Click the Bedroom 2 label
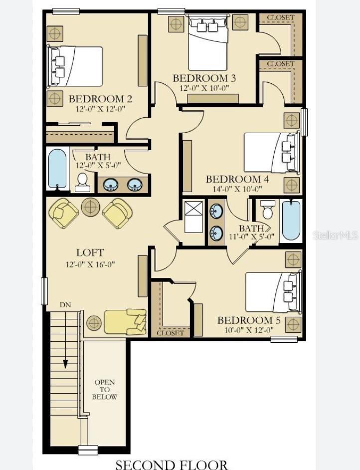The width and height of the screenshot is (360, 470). click(100, 99)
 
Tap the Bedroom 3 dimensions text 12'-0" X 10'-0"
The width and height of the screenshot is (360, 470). click(204, 88)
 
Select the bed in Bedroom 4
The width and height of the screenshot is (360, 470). click(272, 153)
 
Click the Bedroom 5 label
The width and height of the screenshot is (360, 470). click(249, 320)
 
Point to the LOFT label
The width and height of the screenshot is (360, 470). click(90, 252)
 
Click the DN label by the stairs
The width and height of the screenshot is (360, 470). click(65, 305)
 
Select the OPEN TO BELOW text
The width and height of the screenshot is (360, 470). click(105, 389)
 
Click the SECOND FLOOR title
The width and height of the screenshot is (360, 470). click(172, 465)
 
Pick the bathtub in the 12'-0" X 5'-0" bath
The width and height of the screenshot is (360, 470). click(57, 169)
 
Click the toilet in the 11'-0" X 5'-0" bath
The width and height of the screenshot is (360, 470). click(267, 209)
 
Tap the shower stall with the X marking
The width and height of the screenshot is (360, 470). click(193, 217)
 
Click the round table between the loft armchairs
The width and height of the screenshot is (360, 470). click(90, 207)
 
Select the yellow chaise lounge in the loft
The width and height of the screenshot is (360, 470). click(125, 322)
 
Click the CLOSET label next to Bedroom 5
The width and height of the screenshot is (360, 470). click(170, 333)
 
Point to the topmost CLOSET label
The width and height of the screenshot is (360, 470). click(281, 17)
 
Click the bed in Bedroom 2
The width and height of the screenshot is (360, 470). click(75, 66)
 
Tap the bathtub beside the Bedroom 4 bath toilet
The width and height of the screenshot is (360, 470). click(291, 221)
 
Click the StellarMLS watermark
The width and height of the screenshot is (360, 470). click(336, 235)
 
